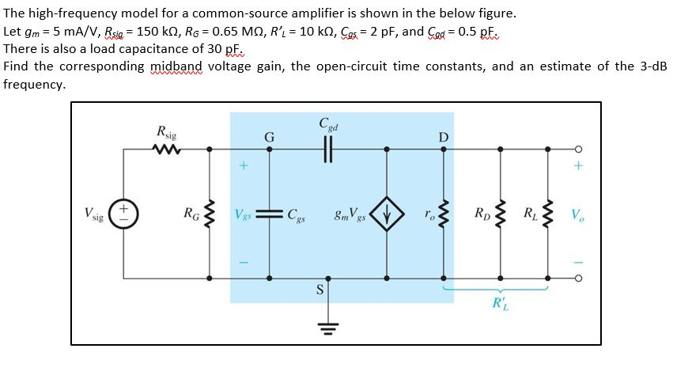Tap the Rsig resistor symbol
(168, 148)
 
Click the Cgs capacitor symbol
(270, 214)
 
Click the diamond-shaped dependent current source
(387, 214)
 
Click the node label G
(270, 137)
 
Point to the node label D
(443, 138)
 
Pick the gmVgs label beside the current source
(350, 214)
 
